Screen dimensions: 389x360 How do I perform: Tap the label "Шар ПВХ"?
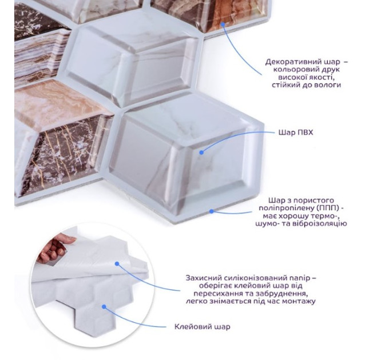[296, 133]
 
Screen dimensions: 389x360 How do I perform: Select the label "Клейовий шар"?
[202, 327]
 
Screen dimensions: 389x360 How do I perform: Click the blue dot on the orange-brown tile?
[223, 24]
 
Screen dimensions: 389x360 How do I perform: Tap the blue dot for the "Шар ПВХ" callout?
[201, 153]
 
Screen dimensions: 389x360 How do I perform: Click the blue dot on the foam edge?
[211, 211]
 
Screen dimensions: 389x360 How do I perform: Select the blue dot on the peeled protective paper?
[117, 263]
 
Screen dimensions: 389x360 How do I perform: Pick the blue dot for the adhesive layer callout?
[104, 307]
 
